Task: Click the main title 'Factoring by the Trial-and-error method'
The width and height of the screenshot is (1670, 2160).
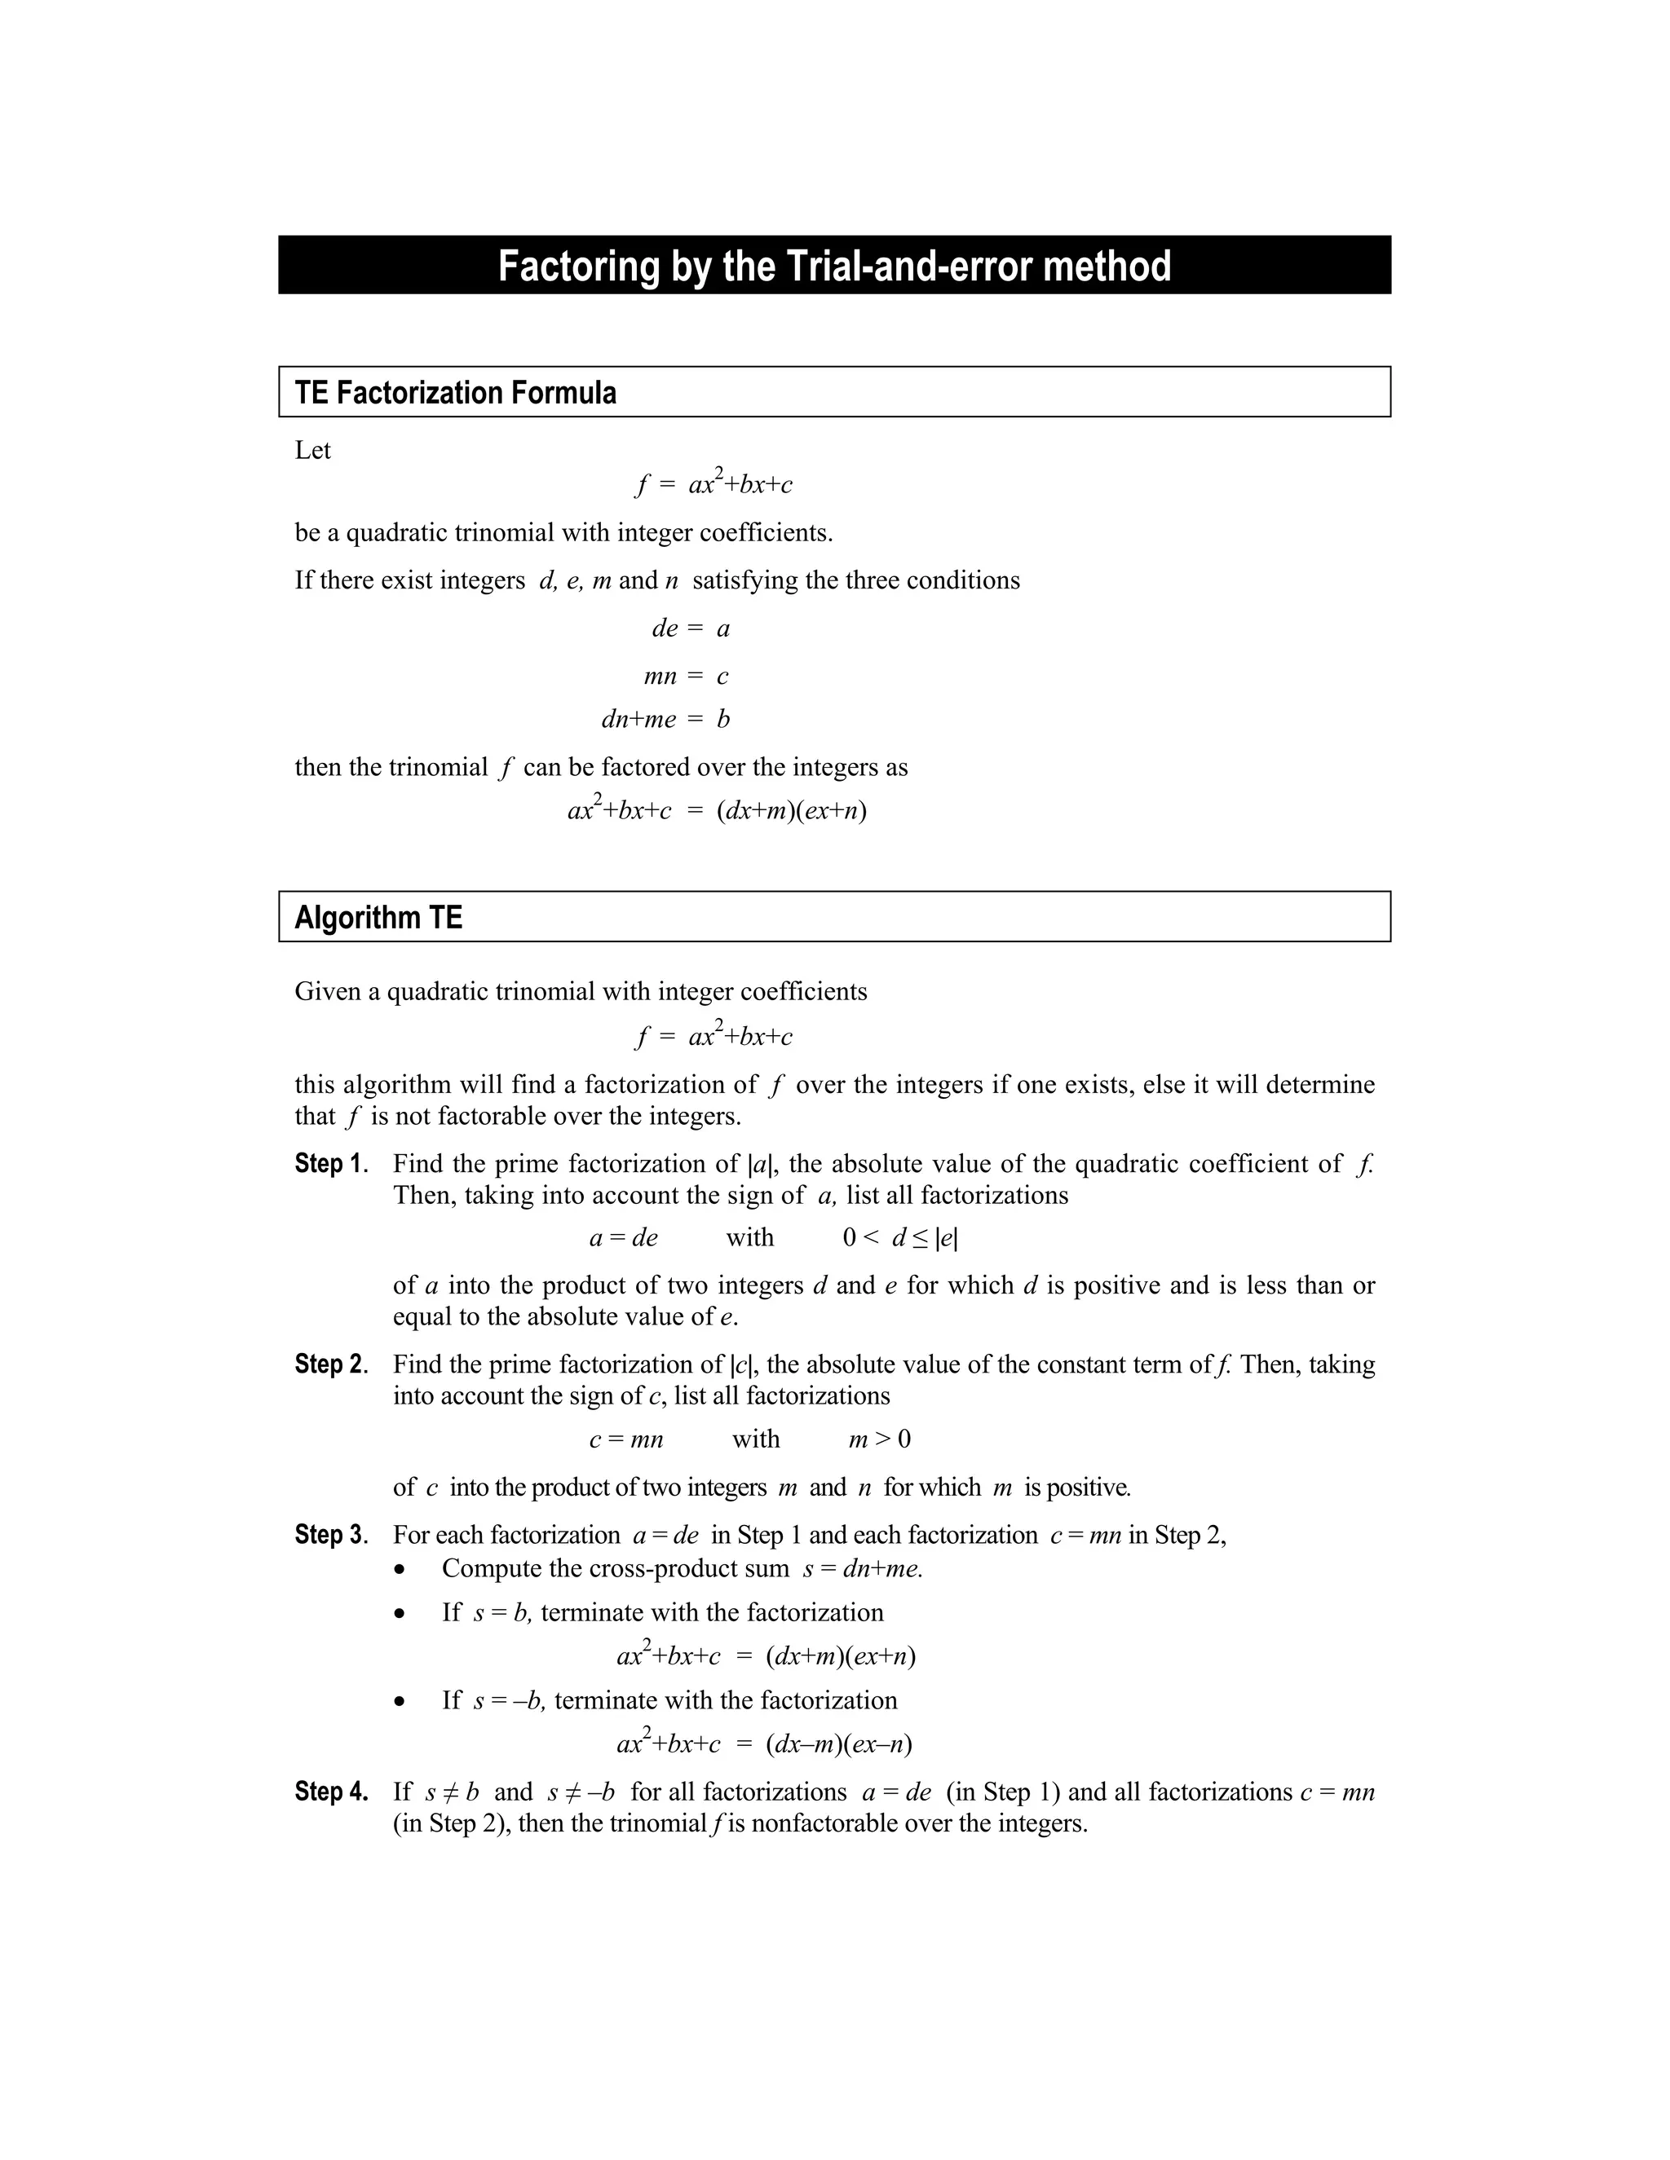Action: tap(834, 266)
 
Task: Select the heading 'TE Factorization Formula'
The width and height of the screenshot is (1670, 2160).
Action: tap(455, 393)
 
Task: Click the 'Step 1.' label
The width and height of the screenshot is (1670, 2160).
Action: tap(330, 1163)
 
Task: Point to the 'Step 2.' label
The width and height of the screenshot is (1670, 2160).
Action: tap(330, 1364)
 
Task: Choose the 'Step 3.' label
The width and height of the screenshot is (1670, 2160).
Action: tap(330, 1534)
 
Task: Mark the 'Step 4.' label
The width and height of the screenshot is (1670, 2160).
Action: tap(330, 1791)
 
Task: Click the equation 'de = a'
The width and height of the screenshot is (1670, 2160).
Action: tap(691, 628)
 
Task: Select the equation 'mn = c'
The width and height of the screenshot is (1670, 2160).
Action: tap(686, 677)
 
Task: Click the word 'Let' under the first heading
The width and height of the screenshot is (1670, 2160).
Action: tap(312, 450)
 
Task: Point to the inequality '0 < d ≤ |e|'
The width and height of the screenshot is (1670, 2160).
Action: tap(899, 1237)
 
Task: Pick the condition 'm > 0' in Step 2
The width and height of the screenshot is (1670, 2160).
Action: tap(880, 1439)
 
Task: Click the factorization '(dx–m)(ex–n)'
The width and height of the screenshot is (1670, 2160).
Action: tap(839, 1743)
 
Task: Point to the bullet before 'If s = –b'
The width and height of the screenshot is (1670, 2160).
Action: tap(400, 1701)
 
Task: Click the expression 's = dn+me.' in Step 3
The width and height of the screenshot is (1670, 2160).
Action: tap(863, 1568)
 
